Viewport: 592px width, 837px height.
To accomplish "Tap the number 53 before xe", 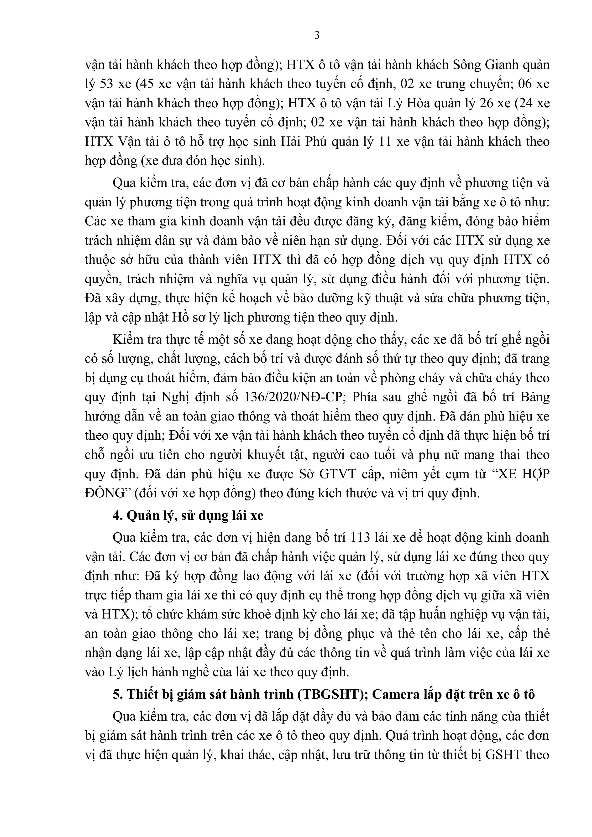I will [107, 84].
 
